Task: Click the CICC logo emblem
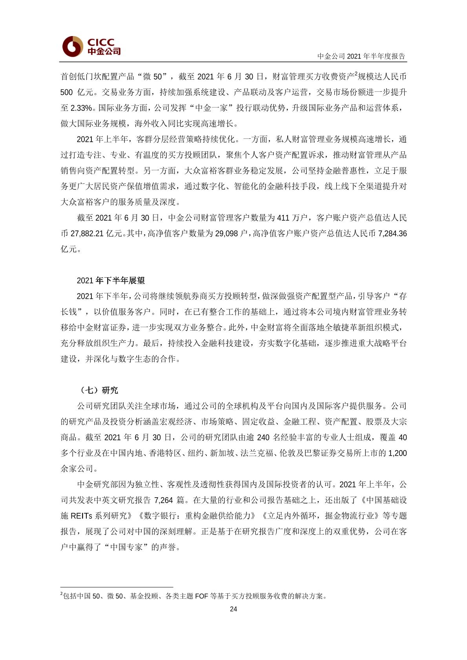point(73,46)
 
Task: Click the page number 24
point(233,609)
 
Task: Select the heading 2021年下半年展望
point(111,280)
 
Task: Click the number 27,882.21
point(87,234)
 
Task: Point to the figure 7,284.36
point(392,234)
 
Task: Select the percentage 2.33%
point(81,108)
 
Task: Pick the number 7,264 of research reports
point(163,500)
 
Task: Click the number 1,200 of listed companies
point(397,453)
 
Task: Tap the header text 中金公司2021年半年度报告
point(361,56)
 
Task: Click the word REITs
point(82,516)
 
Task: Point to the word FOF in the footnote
point(201,596)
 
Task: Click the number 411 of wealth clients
point(283,218)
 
